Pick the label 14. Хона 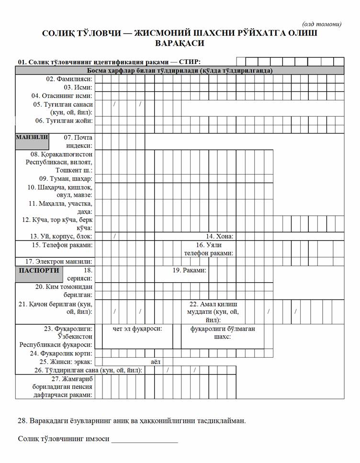point(219,236)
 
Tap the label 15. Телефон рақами point(62,245)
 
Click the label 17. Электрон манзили point(58,262)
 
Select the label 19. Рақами point(190,270)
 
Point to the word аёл point(156,362)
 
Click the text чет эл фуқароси point(137,329)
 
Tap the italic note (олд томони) point(322,24)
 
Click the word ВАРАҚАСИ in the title point(180,44)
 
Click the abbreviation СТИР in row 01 point(190,62)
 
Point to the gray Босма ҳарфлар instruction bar point(180,70)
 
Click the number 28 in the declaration point(22,421)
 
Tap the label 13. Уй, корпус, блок point(61,236)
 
